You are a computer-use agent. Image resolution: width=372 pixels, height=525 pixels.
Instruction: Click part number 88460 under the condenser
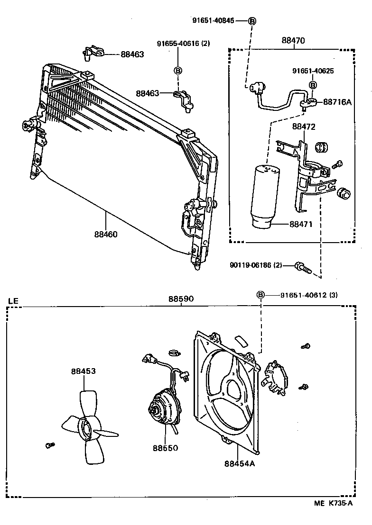tap(106, 235)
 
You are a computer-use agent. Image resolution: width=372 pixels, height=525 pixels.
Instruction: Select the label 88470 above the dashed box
tap(293, 41)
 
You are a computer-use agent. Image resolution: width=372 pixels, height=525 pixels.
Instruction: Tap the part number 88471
tap(301, 224)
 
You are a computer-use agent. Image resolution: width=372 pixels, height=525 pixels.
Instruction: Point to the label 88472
tap(304, 127)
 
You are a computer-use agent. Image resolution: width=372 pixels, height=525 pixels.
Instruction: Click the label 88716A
tap(337, 102)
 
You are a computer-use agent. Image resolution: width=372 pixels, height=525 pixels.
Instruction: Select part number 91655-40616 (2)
tap(184, 44)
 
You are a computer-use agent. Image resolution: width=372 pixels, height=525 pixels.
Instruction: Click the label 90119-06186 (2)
tap(256, 265)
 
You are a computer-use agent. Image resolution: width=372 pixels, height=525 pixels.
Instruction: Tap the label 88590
tap(181, 299)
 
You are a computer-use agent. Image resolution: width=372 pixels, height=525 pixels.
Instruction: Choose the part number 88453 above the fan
tap(83, 371)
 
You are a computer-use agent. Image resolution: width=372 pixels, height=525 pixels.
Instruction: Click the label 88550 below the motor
tap(166, 448)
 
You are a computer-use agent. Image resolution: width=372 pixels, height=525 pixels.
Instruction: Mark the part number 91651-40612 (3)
tap(309, 295)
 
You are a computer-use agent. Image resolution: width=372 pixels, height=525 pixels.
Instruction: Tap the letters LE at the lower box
tap(13, 301)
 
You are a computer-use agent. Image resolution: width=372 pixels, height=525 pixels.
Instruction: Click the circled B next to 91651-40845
tap(252, 21)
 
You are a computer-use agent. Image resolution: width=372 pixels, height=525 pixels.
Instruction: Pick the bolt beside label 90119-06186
tap(303, 267)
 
